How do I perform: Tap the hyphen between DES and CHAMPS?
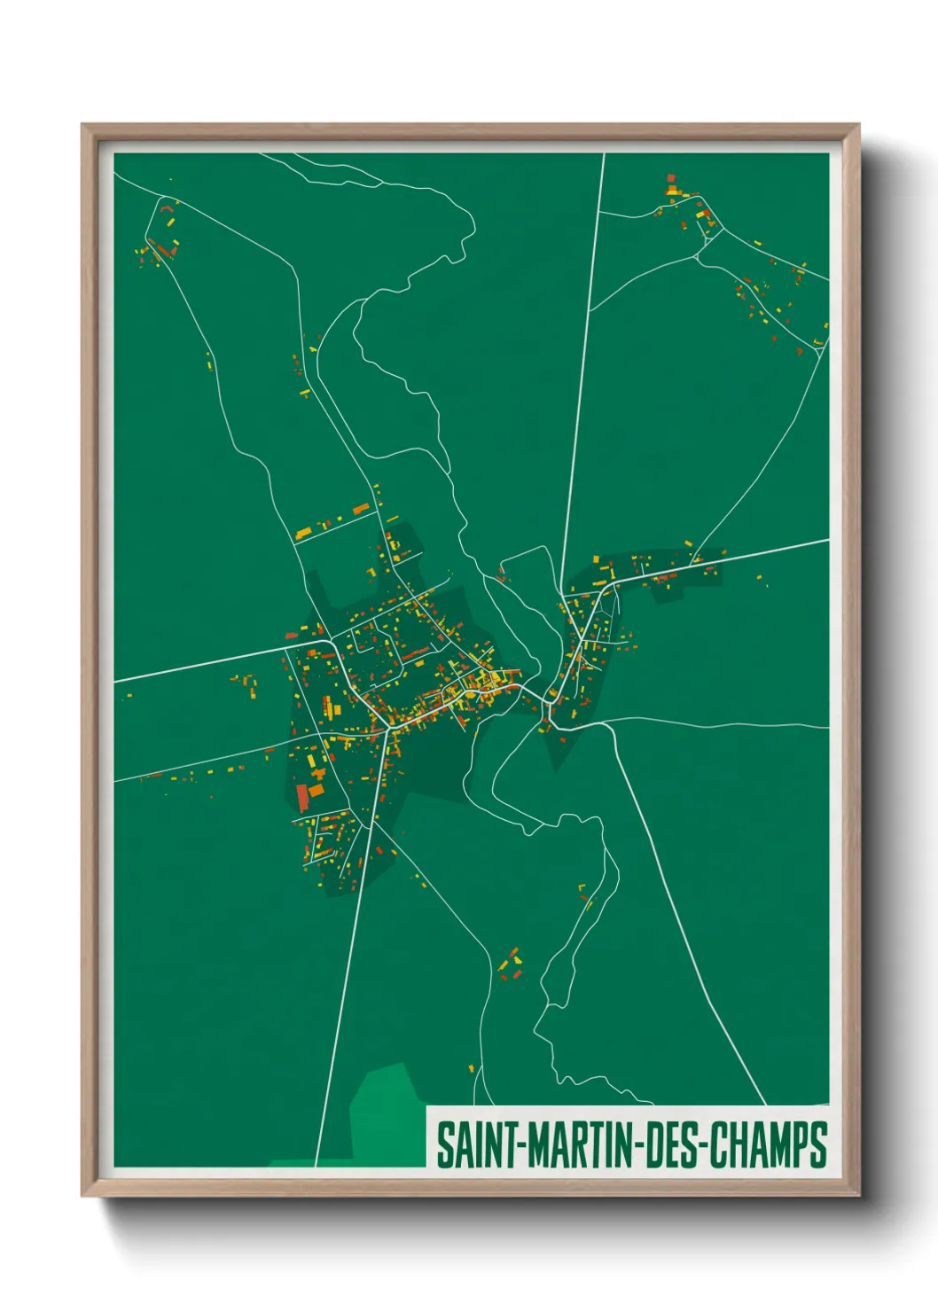click(x=702, y=1145)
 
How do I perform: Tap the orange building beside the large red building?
click(x=317, y=791)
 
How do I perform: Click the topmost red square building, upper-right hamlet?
click(x=671, y=178)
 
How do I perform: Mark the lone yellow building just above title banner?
click(x=471, y=1068)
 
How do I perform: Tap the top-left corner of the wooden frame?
click(x=83, y=126)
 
